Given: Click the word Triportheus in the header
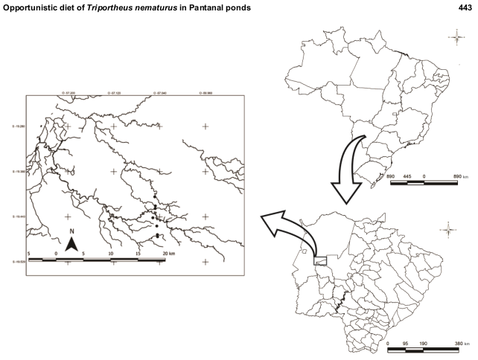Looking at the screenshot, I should pyautogui.click(x=113, y=7).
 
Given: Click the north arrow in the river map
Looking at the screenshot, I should pyautogui.click(x=71, y=243).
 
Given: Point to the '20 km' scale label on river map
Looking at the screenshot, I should pyautogui.click(x=168, y=254).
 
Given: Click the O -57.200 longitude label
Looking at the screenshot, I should pyautogui.click(x=68, y=94).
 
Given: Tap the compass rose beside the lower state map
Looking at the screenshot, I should pyautogui.click(x=448, y=230).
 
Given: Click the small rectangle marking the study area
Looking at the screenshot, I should pyautogui.click(x=321, y=261).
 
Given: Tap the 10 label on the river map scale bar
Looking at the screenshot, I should pyautogui.click(x=111, y=254).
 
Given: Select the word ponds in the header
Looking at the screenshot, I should pyautogui.click(x=249, y=7).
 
